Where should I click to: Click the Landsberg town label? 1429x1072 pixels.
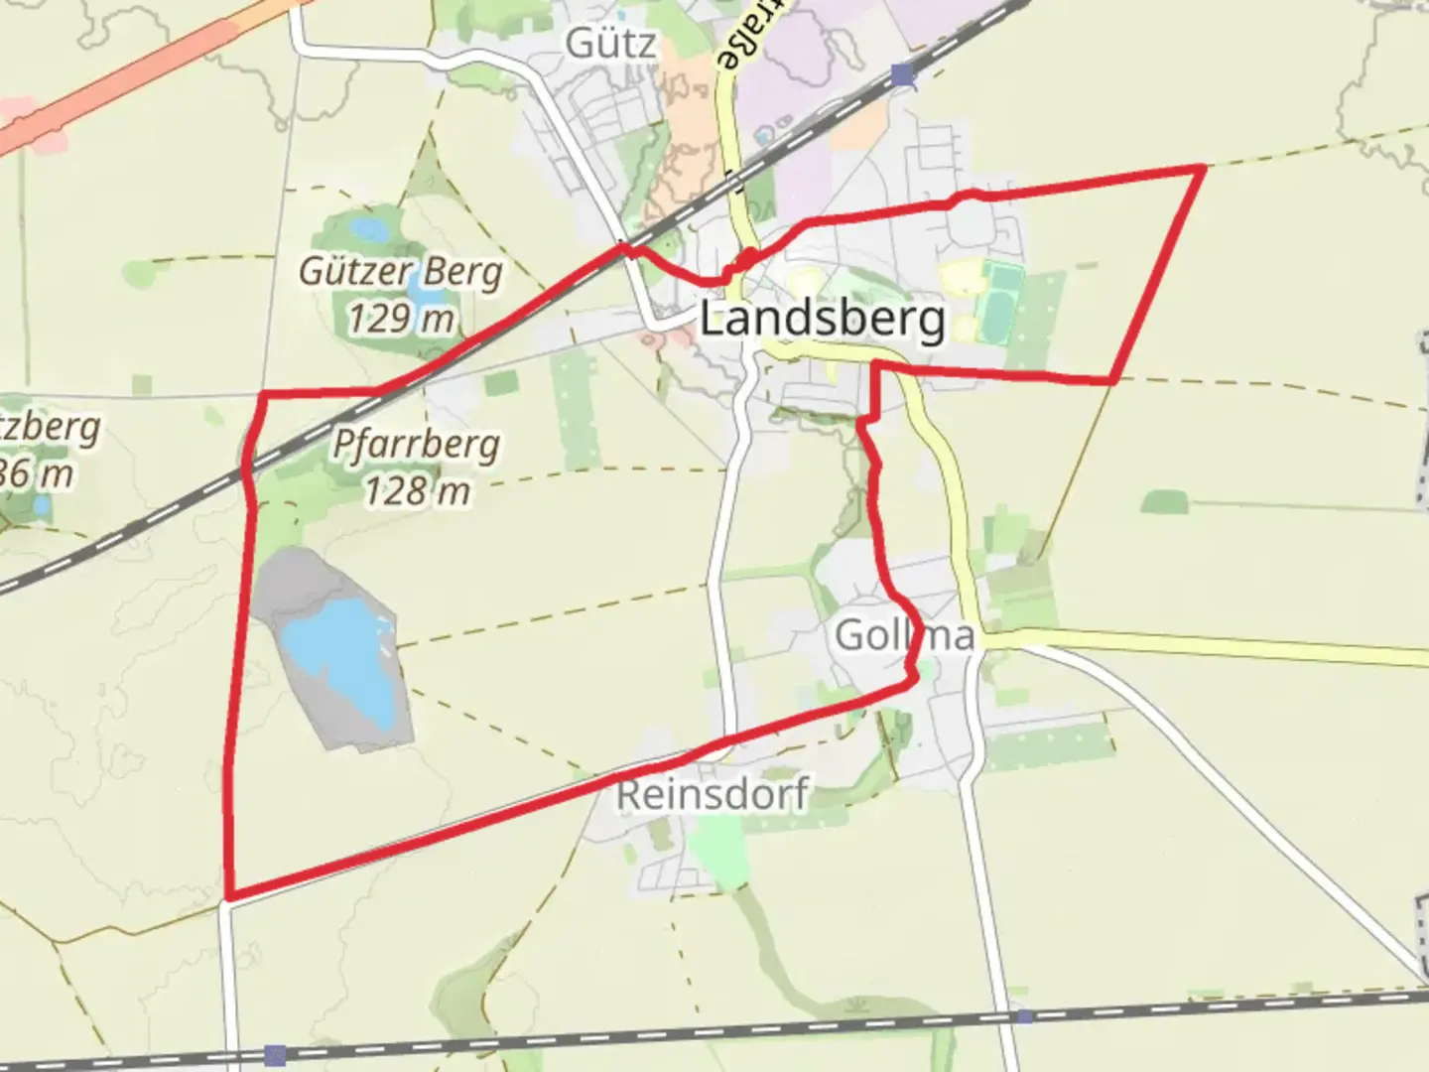coord(822,320)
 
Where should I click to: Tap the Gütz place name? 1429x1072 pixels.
coord(611,44)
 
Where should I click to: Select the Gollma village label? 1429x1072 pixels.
coord(905,634)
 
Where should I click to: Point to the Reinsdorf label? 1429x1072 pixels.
coord(713,794)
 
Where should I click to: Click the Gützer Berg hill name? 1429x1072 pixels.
coord(401,271)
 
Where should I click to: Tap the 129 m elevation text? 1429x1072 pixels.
coord(401,319)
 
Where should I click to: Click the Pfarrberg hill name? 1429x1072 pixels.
coord(416,444)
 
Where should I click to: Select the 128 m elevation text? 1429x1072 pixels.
coord(416,490)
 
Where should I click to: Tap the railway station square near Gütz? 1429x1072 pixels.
coord(901,75)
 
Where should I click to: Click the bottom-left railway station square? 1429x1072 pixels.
coord(275,1054)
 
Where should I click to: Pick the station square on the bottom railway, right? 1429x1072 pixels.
coord(1024,1016)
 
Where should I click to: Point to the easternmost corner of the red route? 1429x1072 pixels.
coord(1204,168)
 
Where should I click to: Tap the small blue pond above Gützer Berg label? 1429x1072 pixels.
coord(367,230)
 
